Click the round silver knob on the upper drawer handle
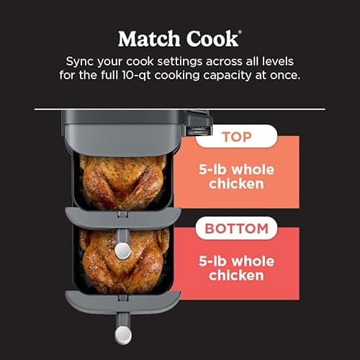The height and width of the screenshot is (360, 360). tap(123, 250)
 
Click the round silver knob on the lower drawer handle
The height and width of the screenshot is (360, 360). tap(123, 336)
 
